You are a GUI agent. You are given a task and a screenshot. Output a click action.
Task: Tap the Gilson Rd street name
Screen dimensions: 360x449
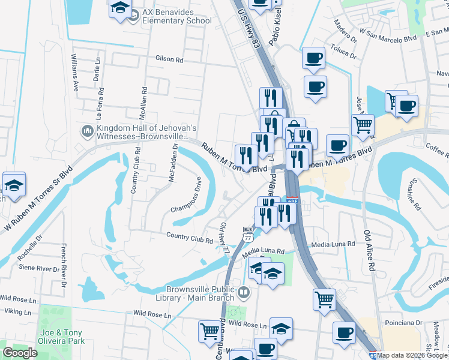169,59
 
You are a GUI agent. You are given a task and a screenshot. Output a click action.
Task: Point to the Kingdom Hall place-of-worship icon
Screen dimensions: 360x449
86,130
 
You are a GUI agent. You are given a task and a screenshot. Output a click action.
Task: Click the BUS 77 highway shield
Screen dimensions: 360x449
247,233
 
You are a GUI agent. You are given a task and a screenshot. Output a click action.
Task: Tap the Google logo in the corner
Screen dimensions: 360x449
20,353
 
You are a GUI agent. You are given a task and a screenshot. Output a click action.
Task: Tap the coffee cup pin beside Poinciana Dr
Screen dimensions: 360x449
345,333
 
